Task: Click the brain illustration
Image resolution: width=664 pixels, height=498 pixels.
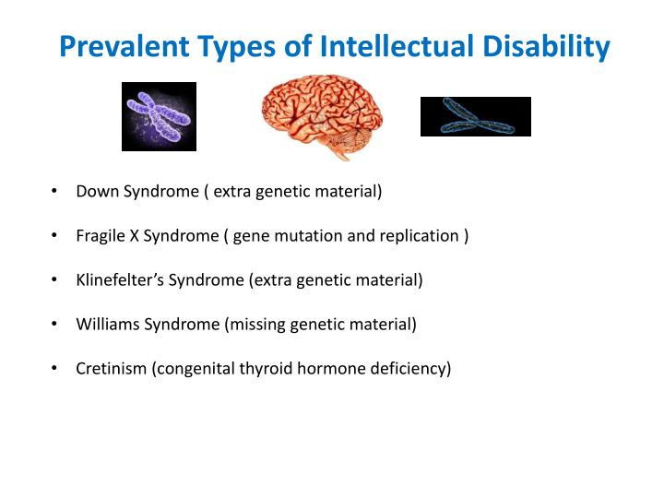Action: click(321, 115)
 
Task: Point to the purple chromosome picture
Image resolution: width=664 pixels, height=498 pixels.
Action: click(159, 116)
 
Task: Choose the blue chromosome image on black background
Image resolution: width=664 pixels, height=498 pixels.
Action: click(475, 116)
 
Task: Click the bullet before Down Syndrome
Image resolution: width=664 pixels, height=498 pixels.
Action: click(55, 192)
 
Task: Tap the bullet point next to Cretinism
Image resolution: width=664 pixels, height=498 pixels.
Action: click(55, 369)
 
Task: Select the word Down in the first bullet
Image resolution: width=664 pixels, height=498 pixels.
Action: click(94, 192)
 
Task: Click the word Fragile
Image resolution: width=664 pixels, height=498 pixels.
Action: click(100, 236)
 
